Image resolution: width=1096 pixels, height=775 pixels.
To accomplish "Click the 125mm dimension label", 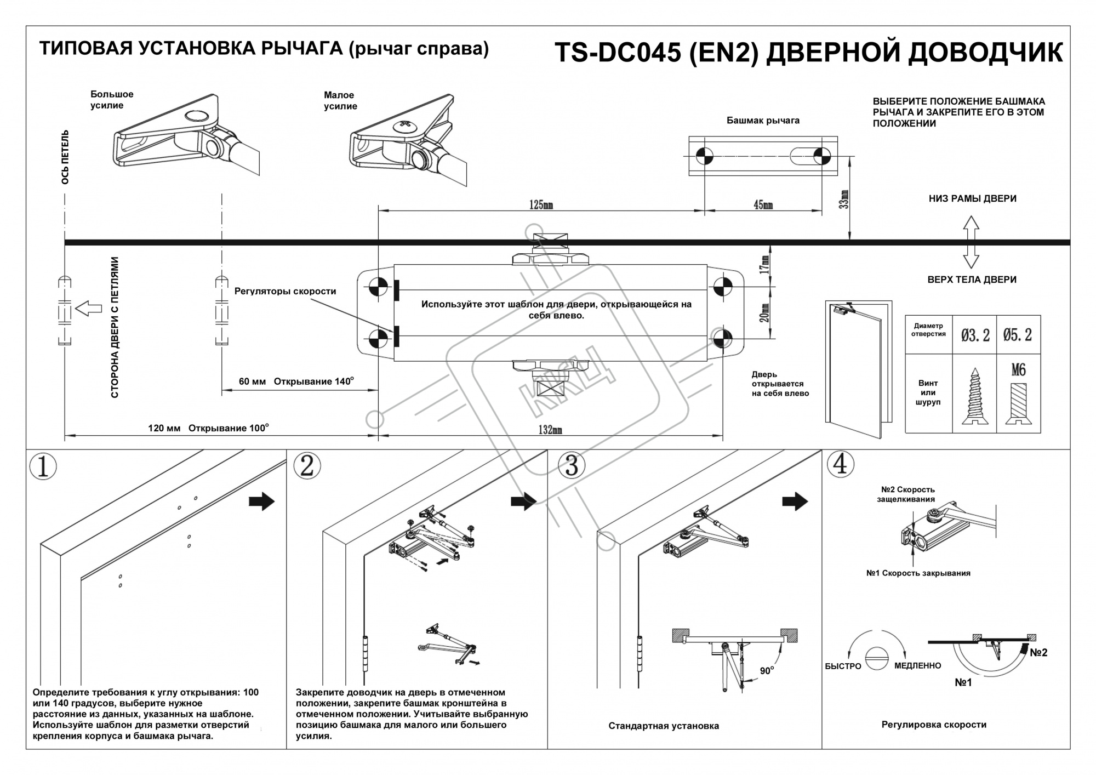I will click(x=540, y=204).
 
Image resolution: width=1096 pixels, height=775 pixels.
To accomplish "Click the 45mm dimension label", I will click(x=763, y=204).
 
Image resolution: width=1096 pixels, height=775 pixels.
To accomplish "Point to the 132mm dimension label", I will click(x=550, y=430).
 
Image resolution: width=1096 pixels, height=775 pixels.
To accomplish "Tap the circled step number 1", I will click(x=43, y=466).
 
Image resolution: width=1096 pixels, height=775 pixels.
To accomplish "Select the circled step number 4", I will click(x=840, y=464).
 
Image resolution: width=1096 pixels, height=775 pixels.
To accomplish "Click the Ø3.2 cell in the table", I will click(x=975, y=335).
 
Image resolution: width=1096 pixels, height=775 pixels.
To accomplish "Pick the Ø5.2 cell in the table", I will click(x=1018, y=335).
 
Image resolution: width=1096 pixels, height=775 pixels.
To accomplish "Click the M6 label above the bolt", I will click(x=1018, y=370).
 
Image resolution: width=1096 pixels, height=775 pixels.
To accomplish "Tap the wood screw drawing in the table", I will click(x=975, y=397).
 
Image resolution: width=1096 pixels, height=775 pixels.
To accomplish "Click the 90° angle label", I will click(x=767, y=670).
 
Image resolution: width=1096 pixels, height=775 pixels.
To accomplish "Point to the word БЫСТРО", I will click(x=843, y=666).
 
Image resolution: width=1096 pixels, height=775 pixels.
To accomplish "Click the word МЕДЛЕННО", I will click(x=917, y=665).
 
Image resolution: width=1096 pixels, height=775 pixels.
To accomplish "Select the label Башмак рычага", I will click(x=763, y=121).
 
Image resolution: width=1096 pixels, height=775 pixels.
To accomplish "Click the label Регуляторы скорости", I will click(x=285, y=292).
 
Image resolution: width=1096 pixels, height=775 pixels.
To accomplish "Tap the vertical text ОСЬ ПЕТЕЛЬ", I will click(x=65, y=157).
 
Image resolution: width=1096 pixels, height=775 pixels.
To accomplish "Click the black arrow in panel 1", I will click(x=261, y=501).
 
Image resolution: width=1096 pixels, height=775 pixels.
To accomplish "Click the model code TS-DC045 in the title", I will click(x=618, y=53).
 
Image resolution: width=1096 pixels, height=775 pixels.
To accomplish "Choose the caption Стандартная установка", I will click(x=663, y=726).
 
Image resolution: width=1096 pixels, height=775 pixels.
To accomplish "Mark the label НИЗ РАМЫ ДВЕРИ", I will click(x=972, y=198).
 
